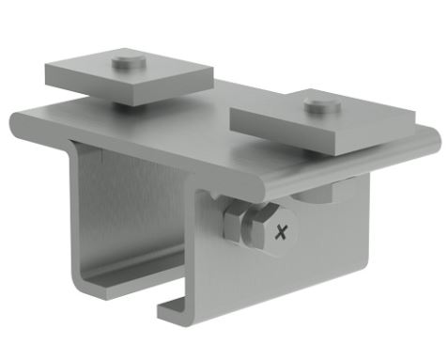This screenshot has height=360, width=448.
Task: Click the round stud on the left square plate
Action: [x=126, y=64]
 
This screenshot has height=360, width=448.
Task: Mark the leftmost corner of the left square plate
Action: [x=45, y=68]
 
